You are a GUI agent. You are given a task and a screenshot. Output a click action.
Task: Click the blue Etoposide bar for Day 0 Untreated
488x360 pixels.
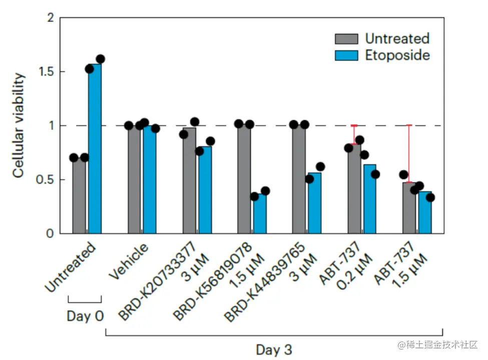pos(95,150)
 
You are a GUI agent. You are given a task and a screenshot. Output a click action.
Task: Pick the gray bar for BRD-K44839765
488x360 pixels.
pos(299,180)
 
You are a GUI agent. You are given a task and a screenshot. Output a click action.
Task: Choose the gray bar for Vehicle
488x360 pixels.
pos(134,180)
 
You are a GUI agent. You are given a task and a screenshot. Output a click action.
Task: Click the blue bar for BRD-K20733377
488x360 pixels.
pos(204,190)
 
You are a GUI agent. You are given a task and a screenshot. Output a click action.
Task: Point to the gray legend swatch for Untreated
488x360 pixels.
pos(346,39)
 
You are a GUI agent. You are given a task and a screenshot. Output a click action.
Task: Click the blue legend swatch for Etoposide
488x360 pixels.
pos(346,55)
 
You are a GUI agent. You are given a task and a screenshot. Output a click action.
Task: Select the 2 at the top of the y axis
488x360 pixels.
pos(50,18)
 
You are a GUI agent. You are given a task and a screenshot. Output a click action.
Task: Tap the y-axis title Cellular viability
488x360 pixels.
pos(19,125)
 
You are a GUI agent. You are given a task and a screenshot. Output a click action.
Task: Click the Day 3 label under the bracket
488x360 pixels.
pos(274,349)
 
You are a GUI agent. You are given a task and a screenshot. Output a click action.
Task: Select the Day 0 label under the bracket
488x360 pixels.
pos(85,316)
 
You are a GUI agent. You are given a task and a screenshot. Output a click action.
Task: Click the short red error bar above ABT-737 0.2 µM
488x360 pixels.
pos(354,134)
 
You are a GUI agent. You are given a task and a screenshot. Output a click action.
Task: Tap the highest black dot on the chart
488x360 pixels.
pos(100,59)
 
